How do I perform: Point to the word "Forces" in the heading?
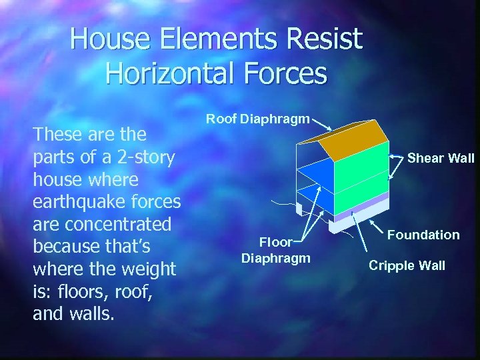point(283,73)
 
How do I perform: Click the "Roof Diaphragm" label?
point(257,119)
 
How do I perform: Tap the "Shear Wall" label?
point(441,158)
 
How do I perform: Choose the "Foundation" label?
point(423,235)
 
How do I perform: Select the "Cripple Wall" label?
point(407,265)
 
